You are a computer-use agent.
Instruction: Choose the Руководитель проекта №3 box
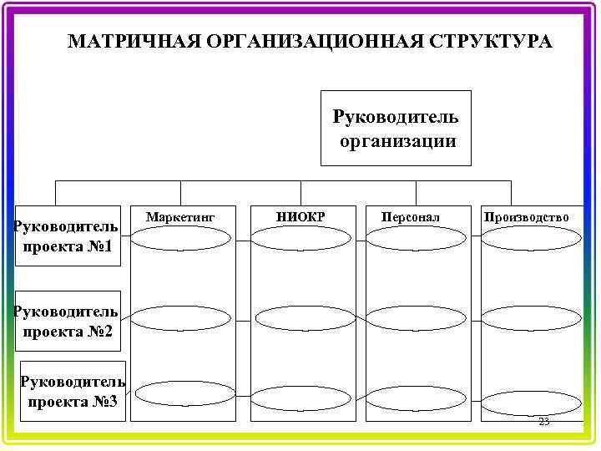point(73,391)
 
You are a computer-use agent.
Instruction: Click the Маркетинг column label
point(180,217)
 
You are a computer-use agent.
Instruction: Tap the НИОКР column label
point(300,217)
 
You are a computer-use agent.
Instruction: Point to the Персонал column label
point(411,217)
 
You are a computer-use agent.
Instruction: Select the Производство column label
point(525,217)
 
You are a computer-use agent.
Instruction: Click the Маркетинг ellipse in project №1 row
point(180,238)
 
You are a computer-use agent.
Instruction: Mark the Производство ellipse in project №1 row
point(525,238)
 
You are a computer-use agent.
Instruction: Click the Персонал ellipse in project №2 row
point(415,318)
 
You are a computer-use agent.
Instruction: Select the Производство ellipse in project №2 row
point(525,318)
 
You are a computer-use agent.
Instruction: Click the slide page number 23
point(543,422)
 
